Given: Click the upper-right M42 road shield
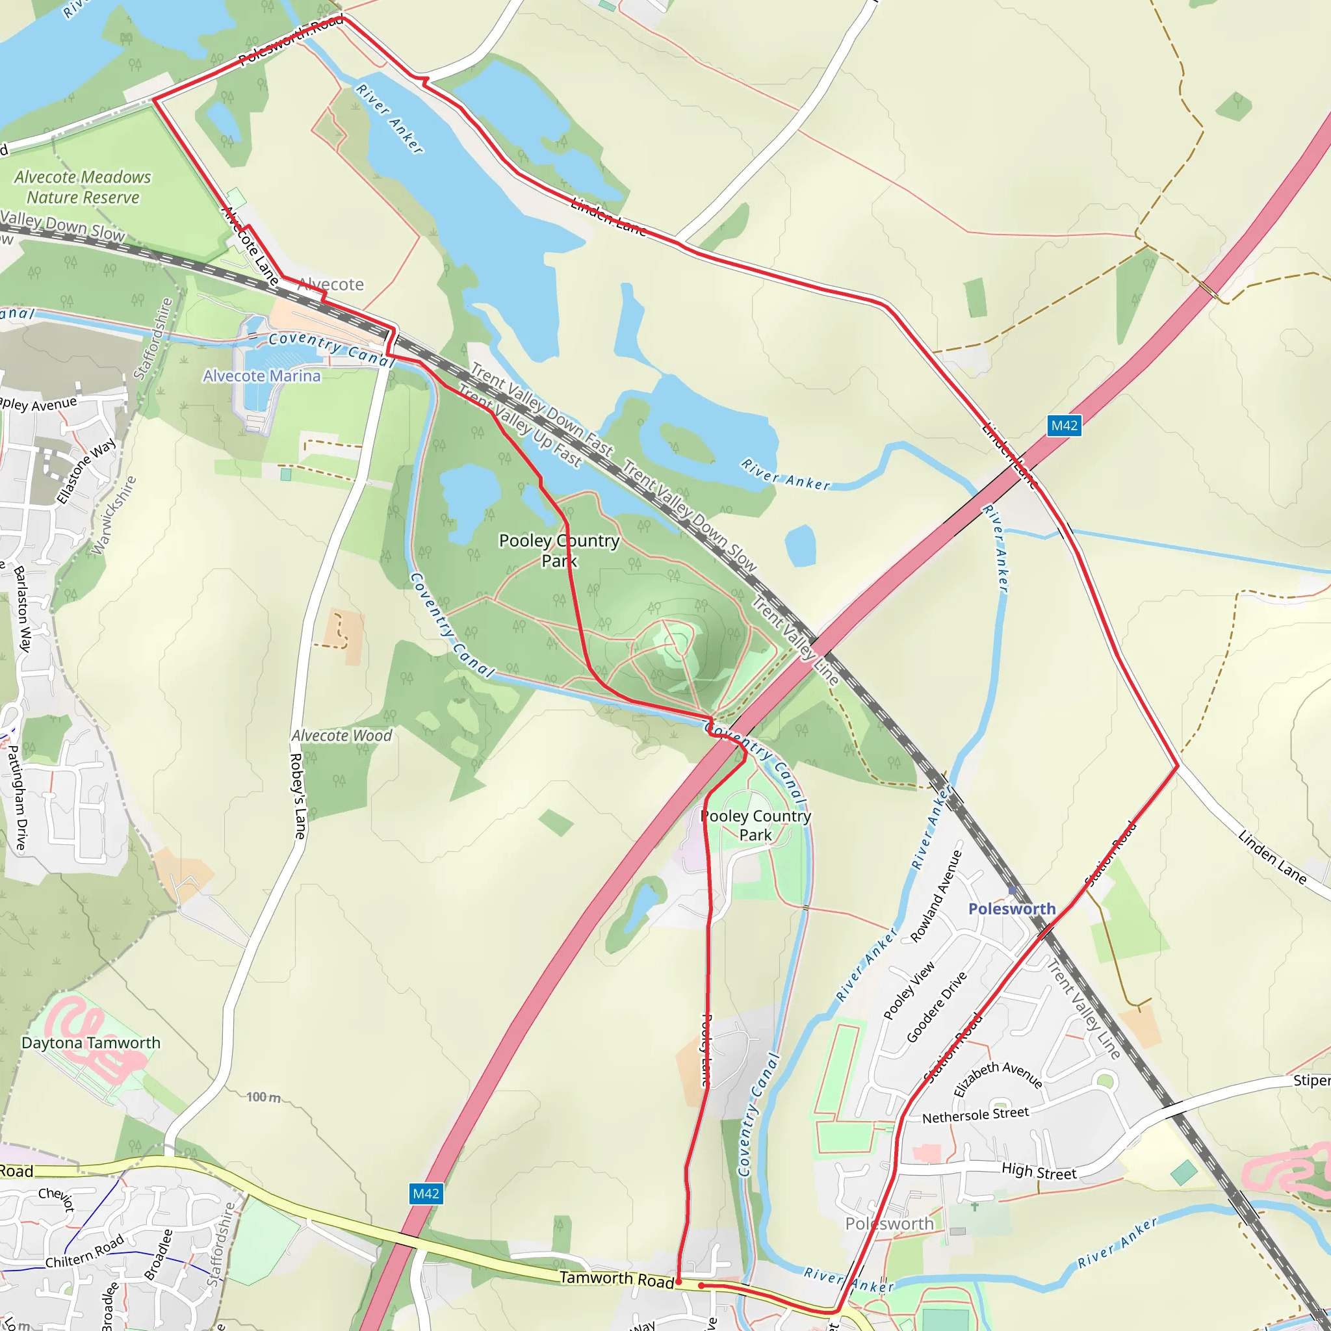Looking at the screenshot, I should pyautogui.click(x=1064, y=425).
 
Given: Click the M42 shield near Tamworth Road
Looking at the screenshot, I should pyautogui.click(x=425, y=1194).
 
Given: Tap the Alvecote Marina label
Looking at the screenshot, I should pyautogui.click(x=261, y=376).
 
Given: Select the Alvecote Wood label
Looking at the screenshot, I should pyautogui.click(x=342, y=736).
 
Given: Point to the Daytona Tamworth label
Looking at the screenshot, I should pyautogui.click(x=91, y=1043).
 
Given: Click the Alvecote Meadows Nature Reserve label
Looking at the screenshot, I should pyautogui.click(x=83, y=187).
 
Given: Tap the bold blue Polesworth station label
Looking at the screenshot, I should pyautogui.click(x=1011, y=909).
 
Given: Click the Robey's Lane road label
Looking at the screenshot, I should pyautogui.click(x=298, y=796).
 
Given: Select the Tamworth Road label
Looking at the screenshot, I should pyautogui.click(x=617, y=1278).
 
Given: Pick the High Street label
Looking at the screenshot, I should pyautogui.click(x=1039, y=1171).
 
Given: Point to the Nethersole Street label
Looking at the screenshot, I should pyautogui.click(x=976, y=1115).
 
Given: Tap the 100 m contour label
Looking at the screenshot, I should pyautogui.click(x=264, y=1097).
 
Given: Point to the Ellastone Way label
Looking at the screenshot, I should pyautogui.click(x=86, y=471).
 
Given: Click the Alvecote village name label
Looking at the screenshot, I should pyautogui.click(x=331, y=284).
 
